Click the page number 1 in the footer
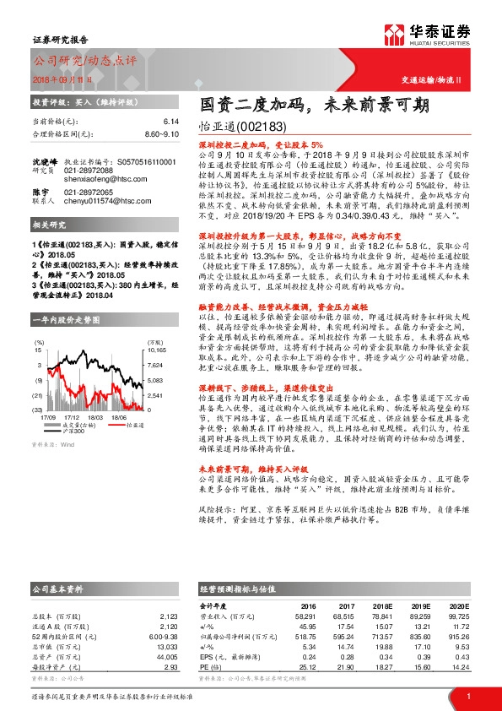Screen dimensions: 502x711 click(468, 695)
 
